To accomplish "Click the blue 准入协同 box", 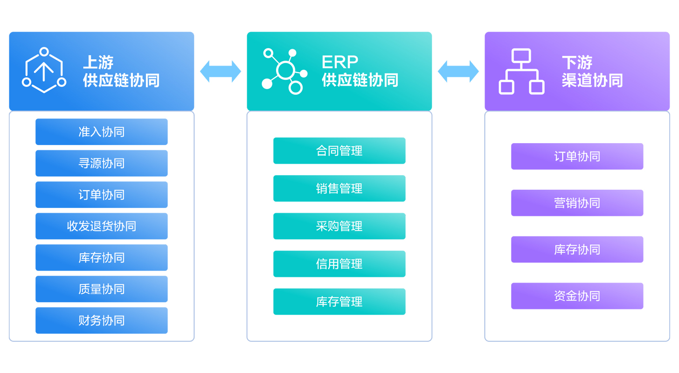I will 101,132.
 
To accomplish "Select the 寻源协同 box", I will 101,163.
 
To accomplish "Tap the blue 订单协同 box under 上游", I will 101,194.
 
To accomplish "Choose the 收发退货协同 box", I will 101,226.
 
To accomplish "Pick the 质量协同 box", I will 101,289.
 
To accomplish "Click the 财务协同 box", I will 101,320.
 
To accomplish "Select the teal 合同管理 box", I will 339,151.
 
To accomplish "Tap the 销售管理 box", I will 339,188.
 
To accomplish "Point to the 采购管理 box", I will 339,226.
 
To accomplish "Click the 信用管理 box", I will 339,264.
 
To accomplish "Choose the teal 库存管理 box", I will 339,302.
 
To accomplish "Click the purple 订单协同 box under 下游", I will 577,156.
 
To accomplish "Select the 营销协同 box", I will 577,203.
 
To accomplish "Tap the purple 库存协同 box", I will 577,249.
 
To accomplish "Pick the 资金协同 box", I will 577,296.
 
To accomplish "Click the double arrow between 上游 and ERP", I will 221,71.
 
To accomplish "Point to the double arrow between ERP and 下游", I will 458,71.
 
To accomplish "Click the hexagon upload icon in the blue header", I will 44,70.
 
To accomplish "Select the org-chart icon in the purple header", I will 521,71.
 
